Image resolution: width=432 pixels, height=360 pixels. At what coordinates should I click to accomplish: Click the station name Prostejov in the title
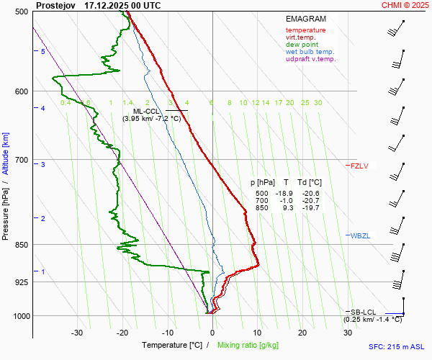click(x=55, y=5)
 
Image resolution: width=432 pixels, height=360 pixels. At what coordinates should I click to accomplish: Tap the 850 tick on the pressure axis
click(x=19, y=245)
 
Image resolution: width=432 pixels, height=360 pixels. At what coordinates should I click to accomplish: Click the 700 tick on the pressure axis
click(x=19, y=160)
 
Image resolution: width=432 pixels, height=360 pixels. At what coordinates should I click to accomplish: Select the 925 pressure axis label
click(x=19, y=282)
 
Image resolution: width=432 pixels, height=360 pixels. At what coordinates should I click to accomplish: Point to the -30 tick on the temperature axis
click(x=77, y=333)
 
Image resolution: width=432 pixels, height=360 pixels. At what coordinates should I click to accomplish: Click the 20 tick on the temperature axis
click(x=302, y=333)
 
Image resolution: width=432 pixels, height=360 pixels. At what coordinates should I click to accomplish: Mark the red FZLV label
click(x=359, y=166)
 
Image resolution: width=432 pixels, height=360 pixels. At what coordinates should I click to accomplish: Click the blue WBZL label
click(x=359, y=236)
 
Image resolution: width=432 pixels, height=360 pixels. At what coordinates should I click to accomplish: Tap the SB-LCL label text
click(x=363, y=312)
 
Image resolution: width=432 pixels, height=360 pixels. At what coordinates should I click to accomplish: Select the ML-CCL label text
click(x=147, y=111)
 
